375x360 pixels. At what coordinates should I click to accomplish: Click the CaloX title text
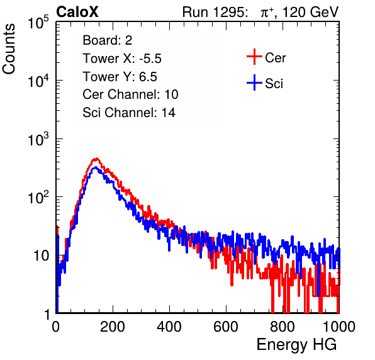tap(77, 12)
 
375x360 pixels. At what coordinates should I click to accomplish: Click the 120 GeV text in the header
tap(310, 12)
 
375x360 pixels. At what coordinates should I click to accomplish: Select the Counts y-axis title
tap(9, 49)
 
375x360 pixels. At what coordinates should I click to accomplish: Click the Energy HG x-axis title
tap(296, 345)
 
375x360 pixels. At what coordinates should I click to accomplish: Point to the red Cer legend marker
tap(254, 57)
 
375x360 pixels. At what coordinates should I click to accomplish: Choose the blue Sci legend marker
tap(254, 82)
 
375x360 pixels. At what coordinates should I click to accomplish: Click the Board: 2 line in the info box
tap(108, 40)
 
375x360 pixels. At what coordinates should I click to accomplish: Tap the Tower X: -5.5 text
tap(122, 59)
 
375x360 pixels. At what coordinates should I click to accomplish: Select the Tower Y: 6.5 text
tap(120, 77)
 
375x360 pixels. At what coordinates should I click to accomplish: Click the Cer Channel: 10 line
tap(130, 94)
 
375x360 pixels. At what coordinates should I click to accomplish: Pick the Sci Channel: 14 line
tap(129, 113)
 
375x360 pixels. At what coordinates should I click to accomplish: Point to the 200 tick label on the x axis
tap(113, 327)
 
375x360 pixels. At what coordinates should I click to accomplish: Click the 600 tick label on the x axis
tap(226, 327)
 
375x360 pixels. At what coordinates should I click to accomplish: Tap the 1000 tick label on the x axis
tap(339, 327)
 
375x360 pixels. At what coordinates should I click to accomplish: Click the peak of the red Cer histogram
tap(96, 158)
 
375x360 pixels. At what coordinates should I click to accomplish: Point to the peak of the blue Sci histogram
tap(96, 167)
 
